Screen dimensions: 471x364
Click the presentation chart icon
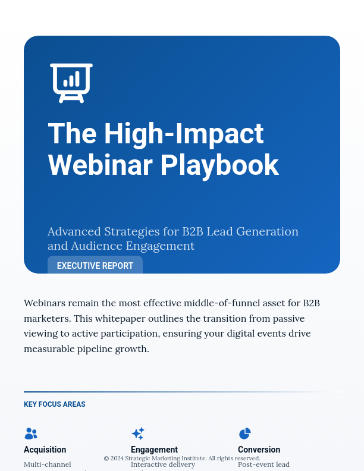[x=71, y=83]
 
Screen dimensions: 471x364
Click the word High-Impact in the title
[x=184, y=133]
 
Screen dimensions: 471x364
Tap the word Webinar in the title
[x=96, y=165]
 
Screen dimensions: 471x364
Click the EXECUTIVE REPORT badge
[x=95, y=266]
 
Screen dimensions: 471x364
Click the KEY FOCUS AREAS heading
[x=55, y=404]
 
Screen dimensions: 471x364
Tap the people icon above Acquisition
[x=31, y=434]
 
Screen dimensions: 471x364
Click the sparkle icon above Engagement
[x=138, y=434]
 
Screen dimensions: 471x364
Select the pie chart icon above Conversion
[x=244, y=434]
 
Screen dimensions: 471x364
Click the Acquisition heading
[x=45, y=450]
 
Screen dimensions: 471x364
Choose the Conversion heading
[x=259, y=450]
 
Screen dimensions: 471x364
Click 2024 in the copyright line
[x=117, y=459]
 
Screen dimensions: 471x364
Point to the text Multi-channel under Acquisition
[x=47, y=464]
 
